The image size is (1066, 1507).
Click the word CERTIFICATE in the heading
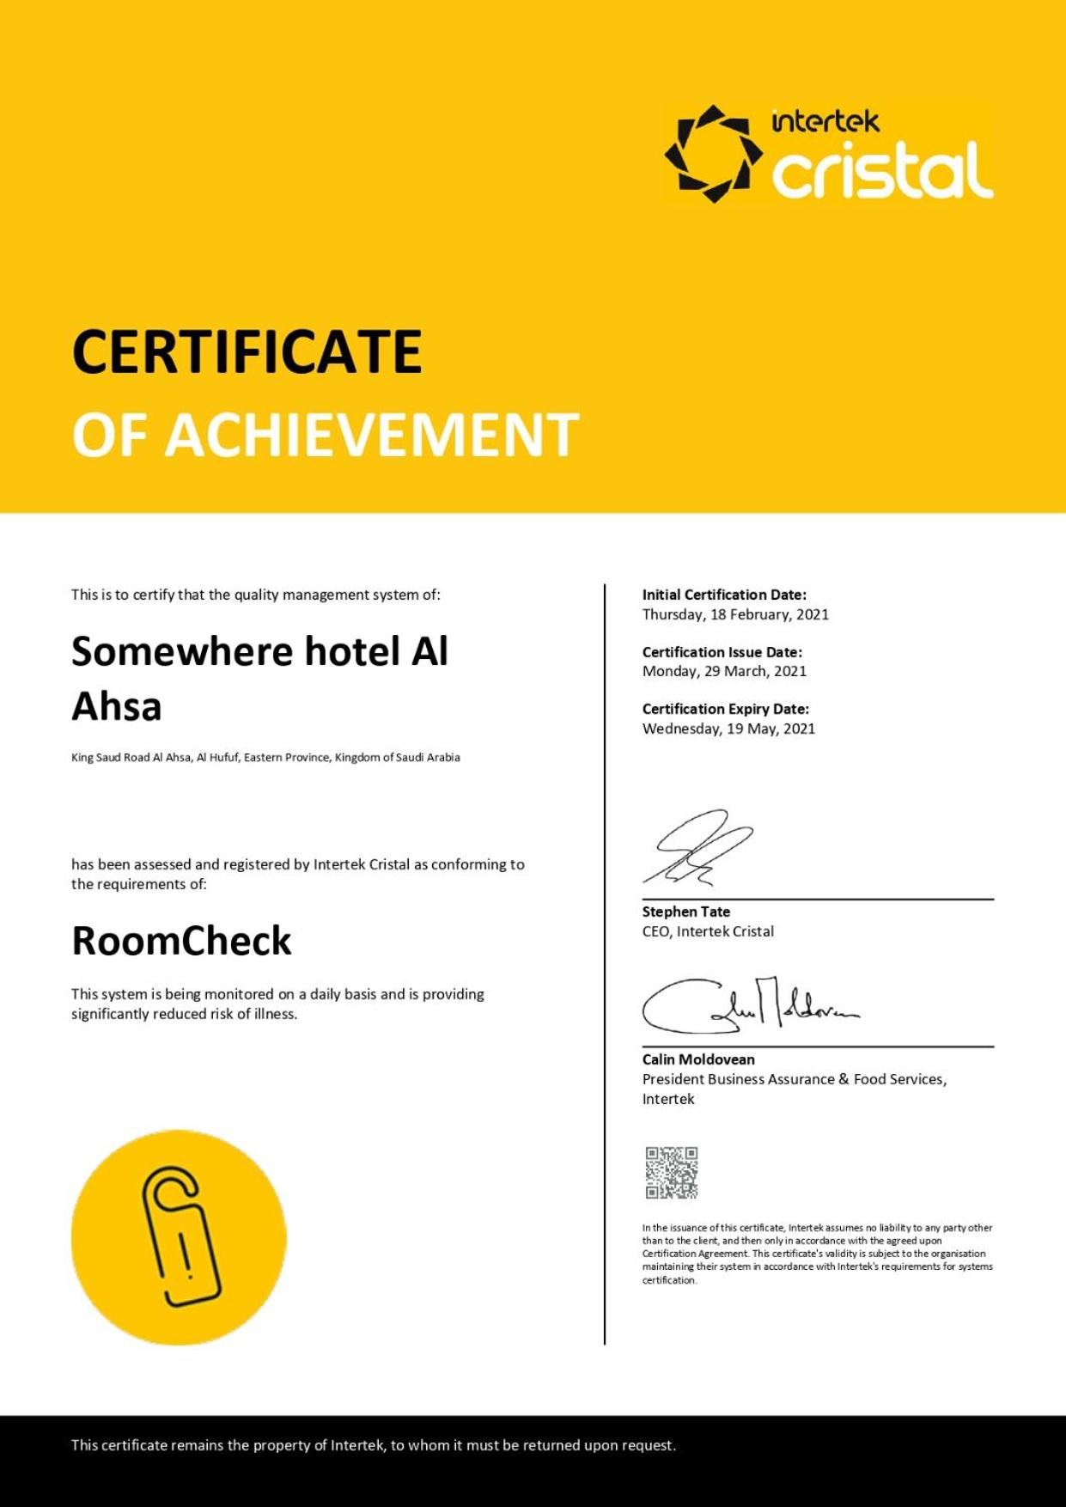point(247,352)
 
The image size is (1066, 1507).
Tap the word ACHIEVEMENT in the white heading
point(372,435)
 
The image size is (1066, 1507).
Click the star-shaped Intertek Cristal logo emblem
point(713,154)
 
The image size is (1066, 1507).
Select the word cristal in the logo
point(882,169)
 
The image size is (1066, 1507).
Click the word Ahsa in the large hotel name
point(117,706)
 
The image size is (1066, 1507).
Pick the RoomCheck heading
point(181,941)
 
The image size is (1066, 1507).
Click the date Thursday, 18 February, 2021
point(735,614)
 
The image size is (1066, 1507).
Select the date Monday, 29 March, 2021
point(724,671)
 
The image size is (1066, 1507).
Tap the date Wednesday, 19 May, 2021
point(728,729)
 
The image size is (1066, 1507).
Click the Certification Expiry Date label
point(726,709)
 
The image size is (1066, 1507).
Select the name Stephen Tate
point(685,912)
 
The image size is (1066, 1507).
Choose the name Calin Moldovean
point(698,1059)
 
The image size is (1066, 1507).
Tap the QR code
point(672,1172)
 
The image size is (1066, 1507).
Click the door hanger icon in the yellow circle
point(180,1237)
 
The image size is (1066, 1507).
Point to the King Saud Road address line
point(265,758)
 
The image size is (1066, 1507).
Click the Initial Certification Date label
point(724,595)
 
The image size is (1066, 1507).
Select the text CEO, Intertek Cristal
point(708,931)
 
